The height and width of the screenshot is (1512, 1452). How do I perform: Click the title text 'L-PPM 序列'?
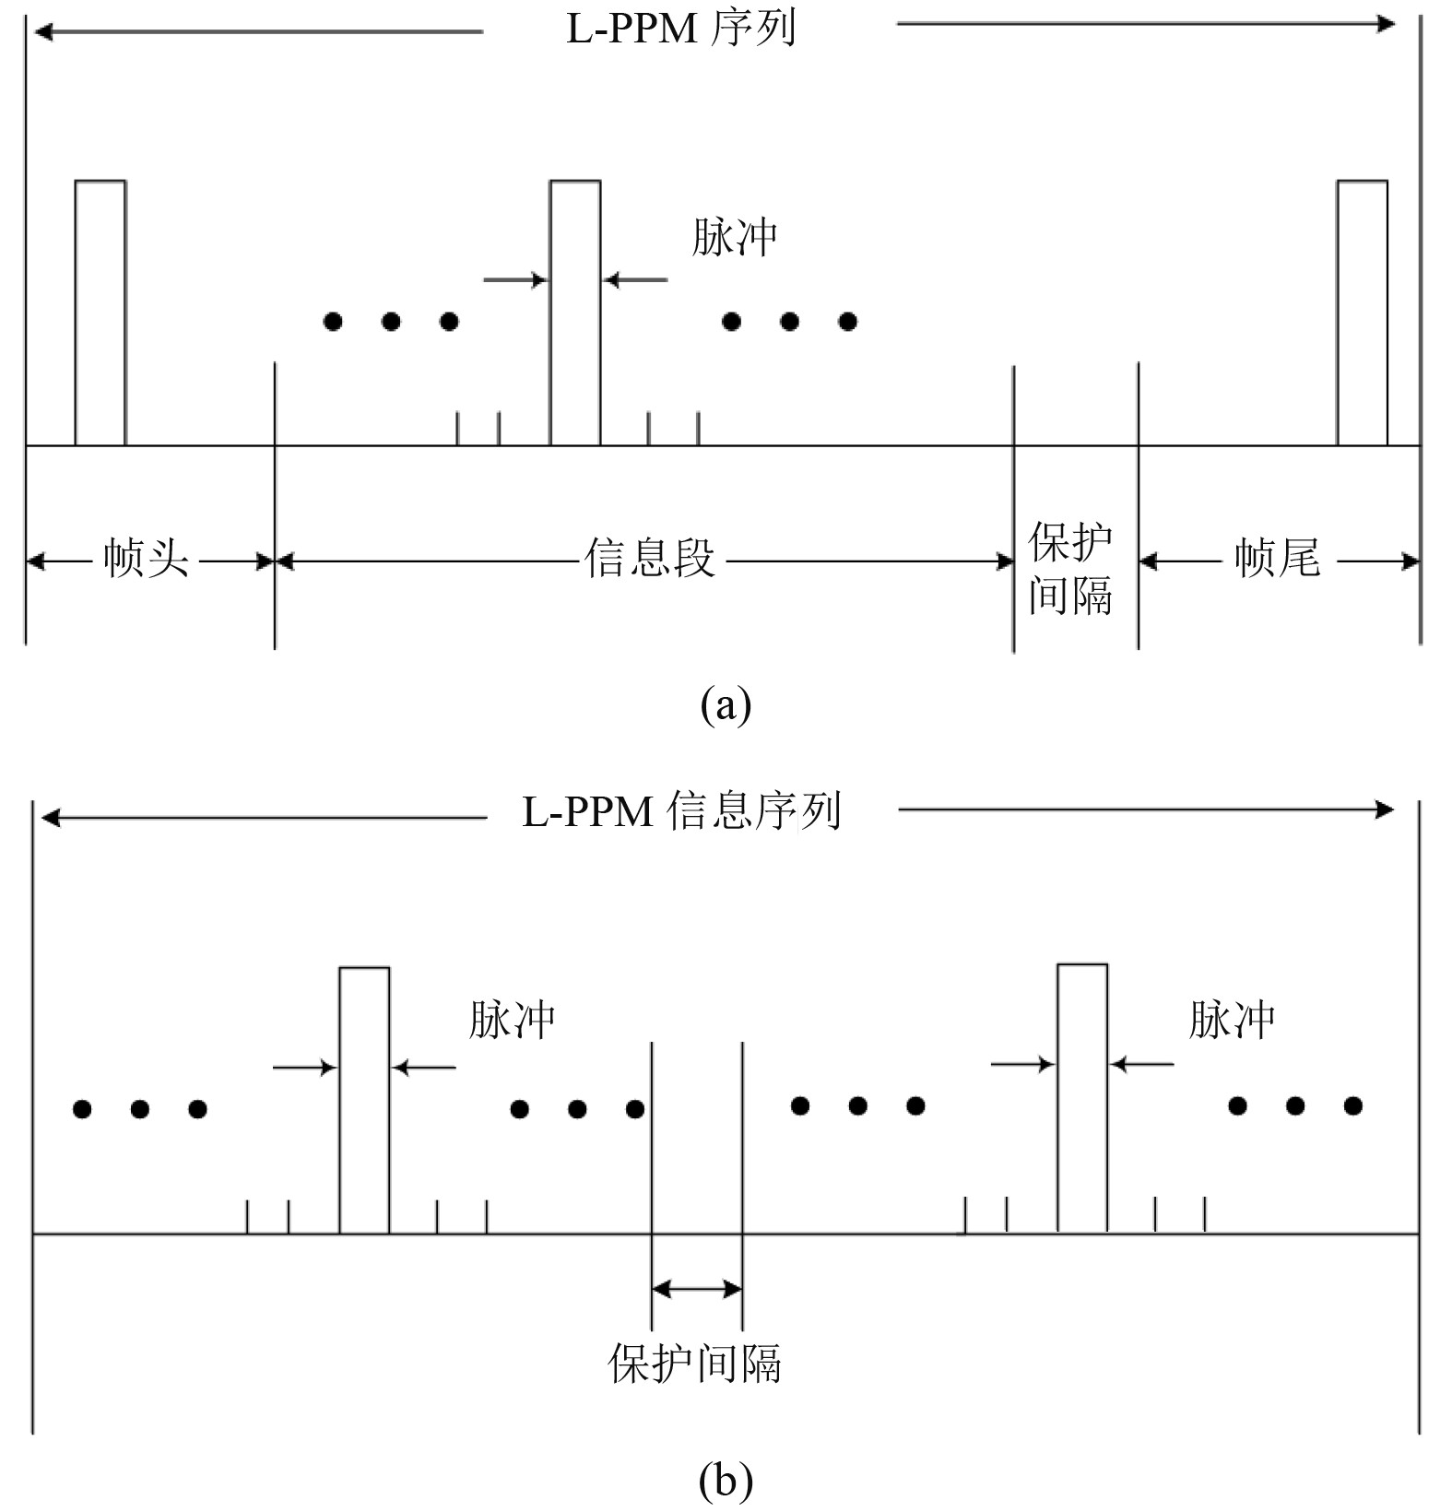click(680, 29)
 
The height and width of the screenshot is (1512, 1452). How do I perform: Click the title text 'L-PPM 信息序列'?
click(681, 812)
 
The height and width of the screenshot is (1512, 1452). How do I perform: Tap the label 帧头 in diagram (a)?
click(147, 559)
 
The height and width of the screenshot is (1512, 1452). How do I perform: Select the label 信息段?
click(650, 559)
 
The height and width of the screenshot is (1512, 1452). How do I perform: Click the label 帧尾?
click(1277, 559)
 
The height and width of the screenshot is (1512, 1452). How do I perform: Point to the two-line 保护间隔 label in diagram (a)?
click(1071, 568)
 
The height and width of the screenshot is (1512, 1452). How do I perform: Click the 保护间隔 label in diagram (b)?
click(695, 1364)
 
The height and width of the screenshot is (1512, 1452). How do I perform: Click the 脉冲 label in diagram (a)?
click(735, 238)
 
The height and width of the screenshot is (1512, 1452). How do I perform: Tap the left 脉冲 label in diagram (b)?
click(512, 1021)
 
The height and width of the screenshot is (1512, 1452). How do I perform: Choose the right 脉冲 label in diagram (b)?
click(1232, 1021)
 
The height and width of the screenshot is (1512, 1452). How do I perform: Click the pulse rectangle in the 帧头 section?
click(100, 313)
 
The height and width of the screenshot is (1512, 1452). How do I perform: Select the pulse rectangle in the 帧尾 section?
click(1363, 313)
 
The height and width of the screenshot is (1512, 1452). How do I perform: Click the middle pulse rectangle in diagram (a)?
click(575, 313)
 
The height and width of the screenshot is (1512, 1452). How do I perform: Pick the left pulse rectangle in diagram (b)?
click(364, 1100)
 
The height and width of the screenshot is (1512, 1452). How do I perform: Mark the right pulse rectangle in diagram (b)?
click(1082, 1098)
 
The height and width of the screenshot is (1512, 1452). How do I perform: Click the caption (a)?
click(726, 706)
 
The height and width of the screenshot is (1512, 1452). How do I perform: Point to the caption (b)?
click(726, 1482)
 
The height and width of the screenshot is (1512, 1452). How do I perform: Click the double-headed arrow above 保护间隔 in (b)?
click(697, 1288)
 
